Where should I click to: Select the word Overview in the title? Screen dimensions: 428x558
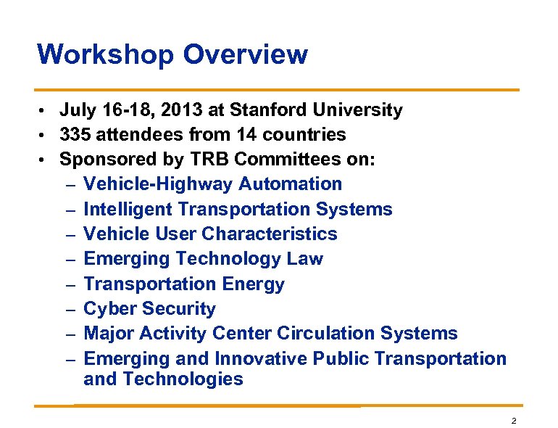click(246, 54)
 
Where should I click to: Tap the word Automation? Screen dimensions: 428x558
click(290, 184)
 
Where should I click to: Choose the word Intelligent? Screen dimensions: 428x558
click(128, 210)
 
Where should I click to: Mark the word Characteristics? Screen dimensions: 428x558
click(270, 234)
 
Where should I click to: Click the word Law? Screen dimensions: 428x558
click(305, 259)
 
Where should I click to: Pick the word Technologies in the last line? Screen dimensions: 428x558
click(184, 379)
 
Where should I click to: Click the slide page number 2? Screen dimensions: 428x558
click(513, 420)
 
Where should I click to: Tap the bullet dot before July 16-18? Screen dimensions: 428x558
click(43, 111)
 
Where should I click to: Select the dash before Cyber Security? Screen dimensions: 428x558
click(70, 310)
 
